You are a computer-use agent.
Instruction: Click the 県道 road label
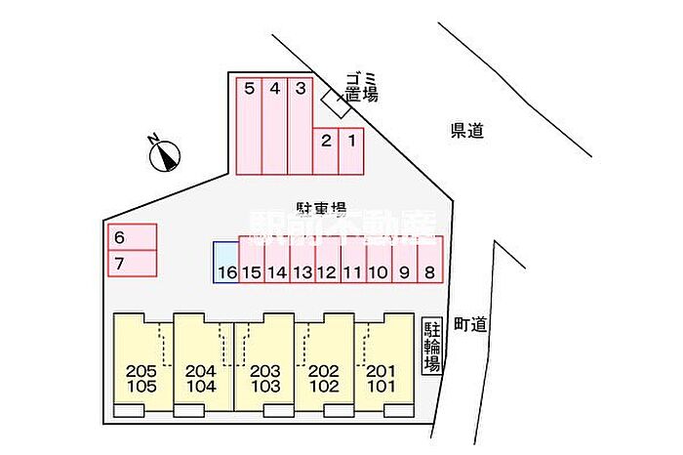coord(467,131)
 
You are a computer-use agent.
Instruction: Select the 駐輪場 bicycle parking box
coord(431,347)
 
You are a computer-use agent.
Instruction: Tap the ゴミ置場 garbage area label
coord(359,87)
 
